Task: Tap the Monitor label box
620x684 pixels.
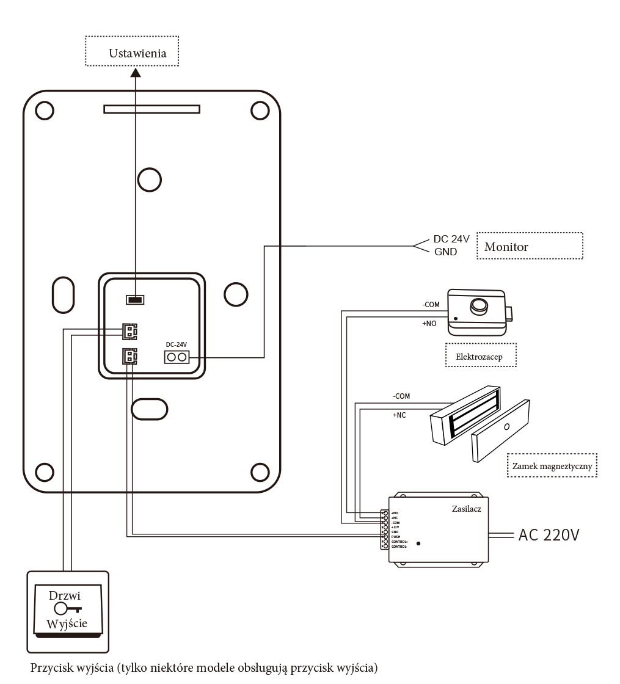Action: pos(530,246)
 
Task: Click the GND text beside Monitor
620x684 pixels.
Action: pos(445,252)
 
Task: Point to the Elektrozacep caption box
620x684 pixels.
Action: pos(481,356)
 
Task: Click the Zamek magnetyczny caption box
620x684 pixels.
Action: pos(552,465)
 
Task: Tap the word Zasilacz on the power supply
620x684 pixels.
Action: pos(467,508)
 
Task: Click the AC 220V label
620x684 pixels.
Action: pos(549,535)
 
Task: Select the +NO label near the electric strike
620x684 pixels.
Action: pos(429,324)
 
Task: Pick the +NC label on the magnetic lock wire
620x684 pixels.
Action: pos(399,415)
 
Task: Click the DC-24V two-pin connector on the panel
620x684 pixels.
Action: pos(177,357)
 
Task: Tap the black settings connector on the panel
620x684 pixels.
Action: pos(135,299)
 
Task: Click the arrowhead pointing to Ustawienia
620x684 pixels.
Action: pos(136,73)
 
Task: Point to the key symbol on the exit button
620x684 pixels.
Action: pos(67,608)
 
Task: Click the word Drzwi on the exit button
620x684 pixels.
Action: pos(65,595)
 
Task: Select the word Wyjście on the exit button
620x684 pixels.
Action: pos(67,624)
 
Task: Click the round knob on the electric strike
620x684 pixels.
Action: pos(478,305)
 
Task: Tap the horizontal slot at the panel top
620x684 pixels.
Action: pos(151,109)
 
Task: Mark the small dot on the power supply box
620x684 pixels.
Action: pos(418,542)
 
